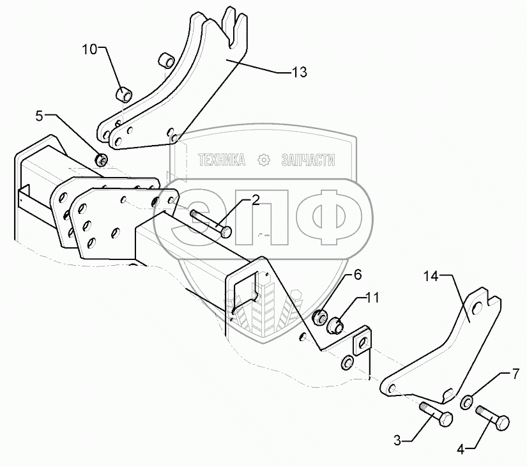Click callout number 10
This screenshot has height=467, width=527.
(x=89, y=49)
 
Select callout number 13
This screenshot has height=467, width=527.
(x=299, y=72)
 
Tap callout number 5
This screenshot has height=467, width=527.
(x=40, y=116)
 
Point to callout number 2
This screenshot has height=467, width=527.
(x=255, y=201)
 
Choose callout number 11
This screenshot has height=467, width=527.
(x=372, y=298)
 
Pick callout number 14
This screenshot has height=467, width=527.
(x=431, y=276)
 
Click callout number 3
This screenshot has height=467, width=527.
(x=397, y=440)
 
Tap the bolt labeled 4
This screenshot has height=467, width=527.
(x=493, y=420)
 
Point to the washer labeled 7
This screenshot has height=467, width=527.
(x=467, y=402)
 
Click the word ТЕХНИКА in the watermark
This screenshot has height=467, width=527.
(x=222, y=160)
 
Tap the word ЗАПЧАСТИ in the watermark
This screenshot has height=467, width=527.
(x=308, y=160)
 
